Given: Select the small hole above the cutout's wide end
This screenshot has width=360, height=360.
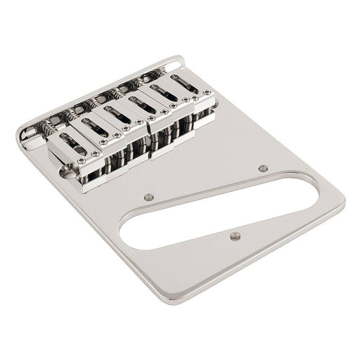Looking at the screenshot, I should [263, 168].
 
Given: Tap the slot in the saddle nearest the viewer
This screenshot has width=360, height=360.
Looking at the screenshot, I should [72, 148].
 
